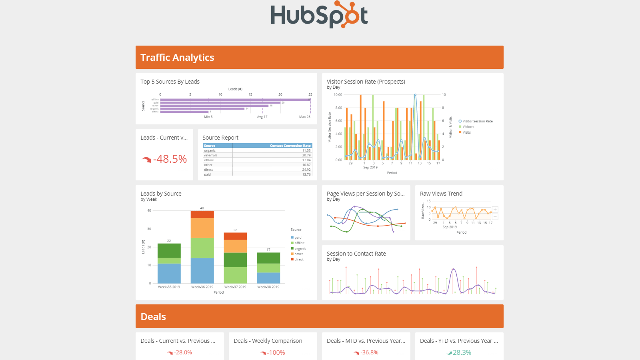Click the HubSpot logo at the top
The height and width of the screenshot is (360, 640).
pos(319,15)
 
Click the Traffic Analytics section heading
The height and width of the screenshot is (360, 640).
pos(177,58)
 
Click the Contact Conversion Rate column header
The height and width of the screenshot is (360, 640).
pos(290,146)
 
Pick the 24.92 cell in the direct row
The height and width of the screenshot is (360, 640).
pos(306,170)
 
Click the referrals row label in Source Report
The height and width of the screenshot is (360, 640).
pos(211,155)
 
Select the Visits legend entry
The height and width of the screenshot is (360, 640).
pos(466,132)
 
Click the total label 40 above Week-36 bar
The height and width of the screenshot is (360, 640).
pos(202,208)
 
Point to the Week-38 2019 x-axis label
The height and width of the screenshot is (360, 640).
pos(268,287)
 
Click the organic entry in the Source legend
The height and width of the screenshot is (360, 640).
pos(300,249)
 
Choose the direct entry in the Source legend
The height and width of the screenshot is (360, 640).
pos(299,260)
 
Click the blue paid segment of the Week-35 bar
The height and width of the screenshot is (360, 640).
pos(169,273)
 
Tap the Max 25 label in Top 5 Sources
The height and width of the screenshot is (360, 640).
pos(305,117)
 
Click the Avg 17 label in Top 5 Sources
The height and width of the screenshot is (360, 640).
pos(262,117)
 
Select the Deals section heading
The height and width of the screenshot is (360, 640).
pos(153,317)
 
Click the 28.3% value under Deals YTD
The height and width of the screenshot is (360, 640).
pos(462,352)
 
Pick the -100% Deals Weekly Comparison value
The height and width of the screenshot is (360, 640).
pos(276,352)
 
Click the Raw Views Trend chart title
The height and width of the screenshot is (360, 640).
pos(441,194)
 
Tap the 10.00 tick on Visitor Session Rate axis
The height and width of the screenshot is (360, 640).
pos(338,95)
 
